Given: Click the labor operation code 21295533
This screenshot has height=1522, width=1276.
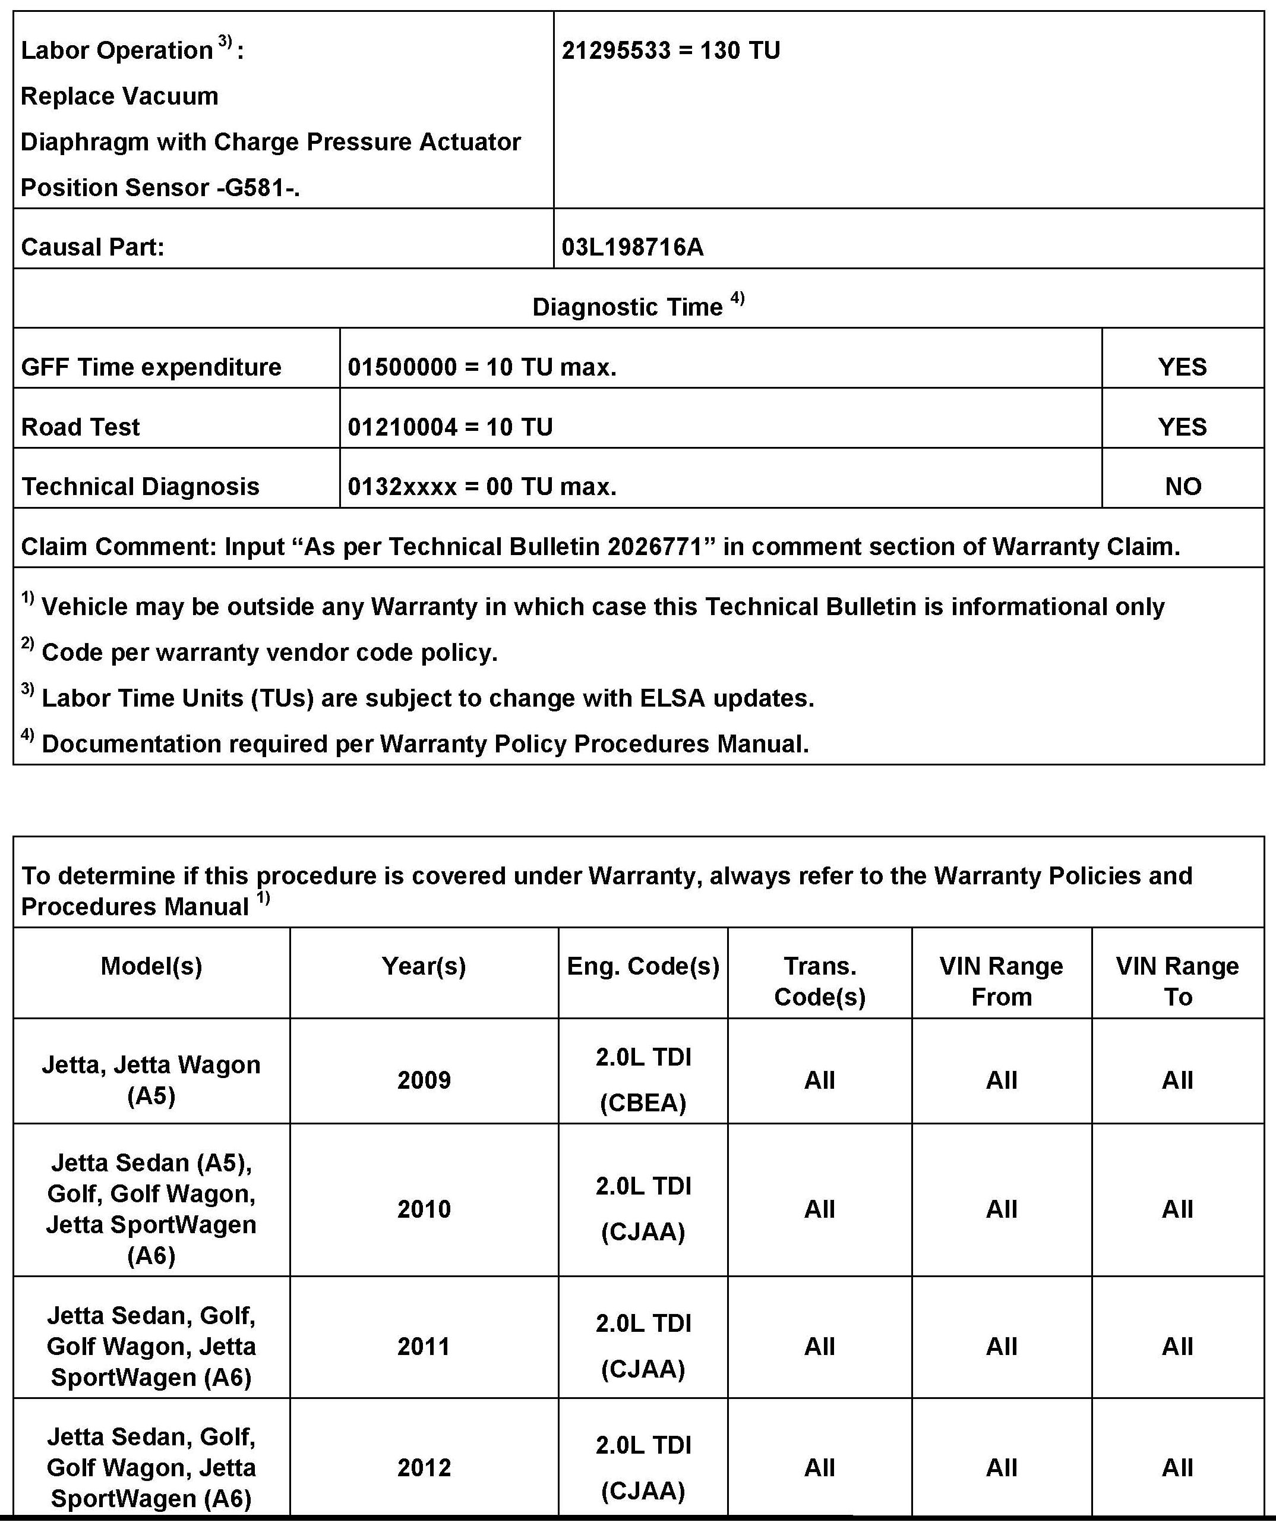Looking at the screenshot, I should point(616,51).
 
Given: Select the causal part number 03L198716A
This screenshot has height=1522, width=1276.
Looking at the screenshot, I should point(633,247).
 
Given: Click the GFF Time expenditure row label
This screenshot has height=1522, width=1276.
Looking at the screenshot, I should point(151,367).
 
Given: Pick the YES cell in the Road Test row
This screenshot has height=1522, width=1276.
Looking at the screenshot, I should point(1183,427).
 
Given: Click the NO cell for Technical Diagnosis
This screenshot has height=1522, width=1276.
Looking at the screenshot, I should point(1183,486).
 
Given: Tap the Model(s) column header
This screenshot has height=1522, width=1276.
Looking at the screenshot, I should point(151,966).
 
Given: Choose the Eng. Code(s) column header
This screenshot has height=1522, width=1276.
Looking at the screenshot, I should point(643,966).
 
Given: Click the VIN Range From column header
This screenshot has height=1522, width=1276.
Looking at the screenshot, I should point(1002,981).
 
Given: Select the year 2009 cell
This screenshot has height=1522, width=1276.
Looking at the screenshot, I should point(424,1080).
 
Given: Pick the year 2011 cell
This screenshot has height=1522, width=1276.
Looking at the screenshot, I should point(424,1347).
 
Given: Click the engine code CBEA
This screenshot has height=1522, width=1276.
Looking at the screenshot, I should point(643,1103).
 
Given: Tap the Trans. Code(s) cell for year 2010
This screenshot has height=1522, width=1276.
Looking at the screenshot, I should point(820,1209).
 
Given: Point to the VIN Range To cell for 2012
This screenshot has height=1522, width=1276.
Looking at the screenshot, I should point(1177,1468).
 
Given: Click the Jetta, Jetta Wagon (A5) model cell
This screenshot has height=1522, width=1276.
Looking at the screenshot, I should point(151,1080).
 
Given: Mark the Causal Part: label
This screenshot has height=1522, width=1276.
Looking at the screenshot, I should point(93,247).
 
